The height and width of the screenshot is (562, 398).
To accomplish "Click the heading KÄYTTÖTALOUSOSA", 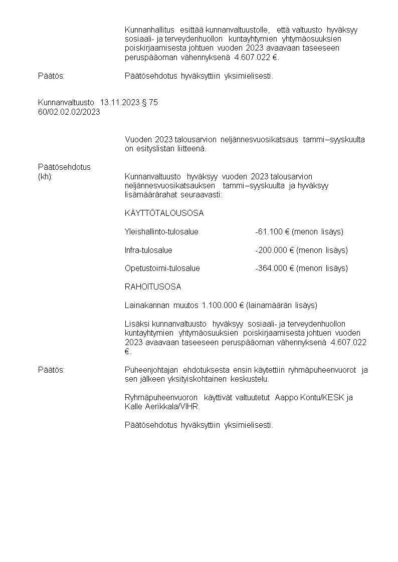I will click(x=164, y=213).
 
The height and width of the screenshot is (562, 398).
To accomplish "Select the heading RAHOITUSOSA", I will click(x=153, y=287).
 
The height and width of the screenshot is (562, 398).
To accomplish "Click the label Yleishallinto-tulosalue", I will click(x=161, y=231).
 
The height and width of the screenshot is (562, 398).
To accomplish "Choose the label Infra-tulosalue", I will click(x=148, y=250).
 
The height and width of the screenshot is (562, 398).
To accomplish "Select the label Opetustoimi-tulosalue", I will click(x=162, y=268).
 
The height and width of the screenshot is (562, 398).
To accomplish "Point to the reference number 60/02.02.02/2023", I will click(x=69, y=112).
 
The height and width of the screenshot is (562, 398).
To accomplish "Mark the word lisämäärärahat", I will click(x=149, y=194).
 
